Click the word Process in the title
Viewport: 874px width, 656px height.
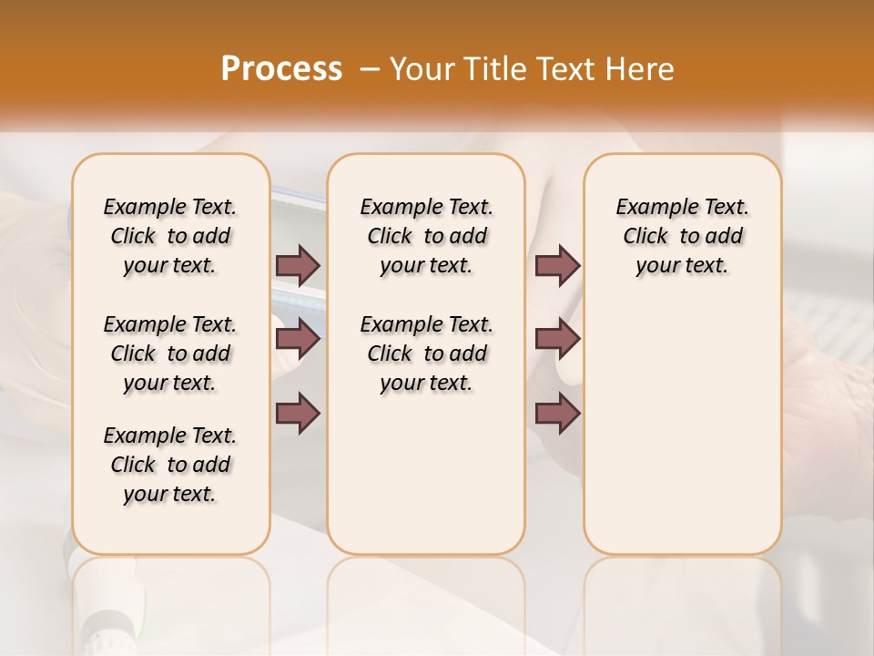(281, 68)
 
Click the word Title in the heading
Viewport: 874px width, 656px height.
(490, 69)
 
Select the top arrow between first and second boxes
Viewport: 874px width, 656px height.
(298, 265)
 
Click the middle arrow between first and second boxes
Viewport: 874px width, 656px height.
(298, 339)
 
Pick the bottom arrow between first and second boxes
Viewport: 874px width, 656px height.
(298, 413)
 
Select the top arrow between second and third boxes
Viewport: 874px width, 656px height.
(557, 265)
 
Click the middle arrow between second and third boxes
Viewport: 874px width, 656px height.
(557, 339)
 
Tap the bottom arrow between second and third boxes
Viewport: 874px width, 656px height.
(557, 413)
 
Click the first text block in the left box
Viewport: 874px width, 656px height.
(170, 236)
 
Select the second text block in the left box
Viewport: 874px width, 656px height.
(170, 354)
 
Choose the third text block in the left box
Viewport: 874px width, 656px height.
(170, 465)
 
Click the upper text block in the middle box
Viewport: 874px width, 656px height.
(426, 236)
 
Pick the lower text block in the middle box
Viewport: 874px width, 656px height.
(426, 354)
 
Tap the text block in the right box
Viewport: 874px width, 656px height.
(682, 236)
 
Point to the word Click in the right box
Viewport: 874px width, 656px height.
(645, 237)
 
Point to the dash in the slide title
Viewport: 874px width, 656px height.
(369, 69)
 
